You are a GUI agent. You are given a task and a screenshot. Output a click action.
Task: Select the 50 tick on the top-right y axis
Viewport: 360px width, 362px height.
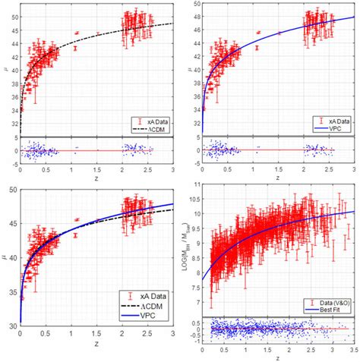(194, 5)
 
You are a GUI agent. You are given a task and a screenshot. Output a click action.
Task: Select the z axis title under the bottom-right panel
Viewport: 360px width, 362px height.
(278, 358)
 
